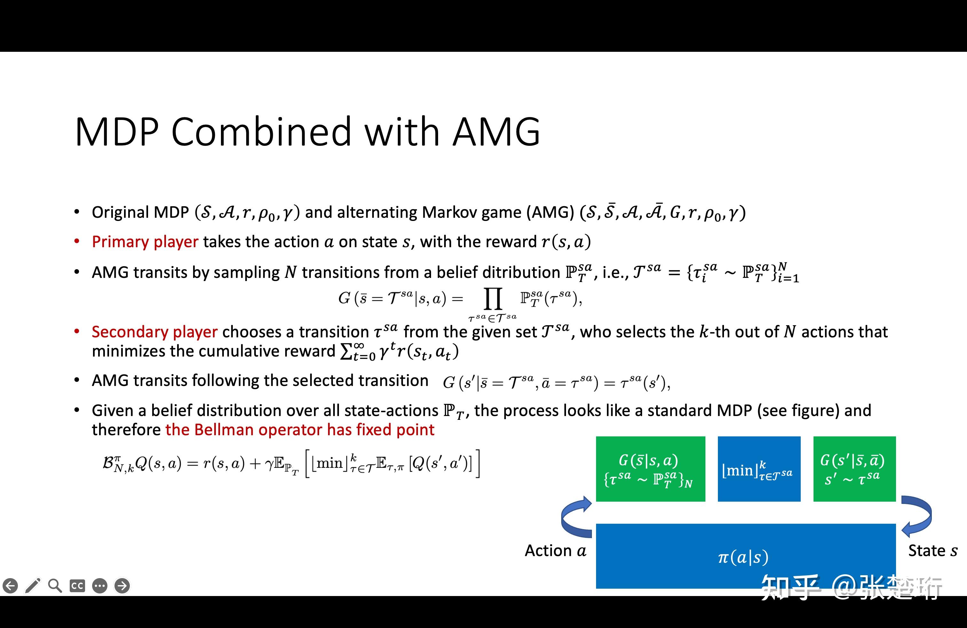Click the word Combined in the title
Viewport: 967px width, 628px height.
coord(261,132)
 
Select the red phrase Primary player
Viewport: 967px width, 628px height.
coord(145,242)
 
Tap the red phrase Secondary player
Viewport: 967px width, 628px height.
coord(154,332)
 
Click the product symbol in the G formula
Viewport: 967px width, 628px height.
coord(493,299)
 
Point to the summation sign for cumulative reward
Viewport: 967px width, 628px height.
coord(346,351)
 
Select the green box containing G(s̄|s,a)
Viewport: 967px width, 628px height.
coord(650,469)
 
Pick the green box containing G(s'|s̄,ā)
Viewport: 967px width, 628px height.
coord(854,469)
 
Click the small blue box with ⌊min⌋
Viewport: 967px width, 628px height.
coord(759,469)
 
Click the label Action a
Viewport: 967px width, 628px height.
coord(555,551)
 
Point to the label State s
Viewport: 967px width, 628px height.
coord(932,551)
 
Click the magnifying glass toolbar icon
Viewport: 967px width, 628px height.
coord(55,586)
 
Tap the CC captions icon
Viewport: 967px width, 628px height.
coord(77,586)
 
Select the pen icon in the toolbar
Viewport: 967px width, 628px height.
coord(33,586)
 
